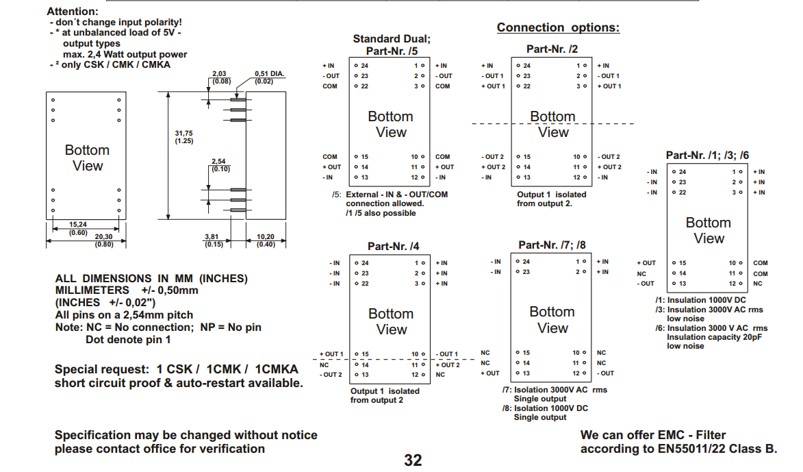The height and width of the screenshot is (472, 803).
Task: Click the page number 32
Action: pos(413,460)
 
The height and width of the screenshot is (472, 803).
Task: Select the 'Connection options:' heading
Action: pos(558,27)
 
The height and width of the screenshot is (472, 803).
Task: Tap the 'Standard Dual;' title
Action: pos(392,39)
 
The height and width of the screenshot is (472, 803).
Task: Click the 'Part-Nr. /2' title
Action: pos(552,49)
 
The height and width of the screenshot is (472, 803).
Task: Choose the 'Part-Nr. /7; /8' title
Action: pos(552,245)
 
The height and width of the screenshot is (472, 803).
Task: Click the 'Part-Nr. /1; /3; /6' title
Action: pos(708,156)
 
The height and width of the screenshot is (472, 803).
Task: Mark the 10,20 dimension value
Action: pos(265,237)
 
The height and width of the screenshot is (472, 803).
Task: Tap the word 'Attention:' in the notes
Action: pos(72,12)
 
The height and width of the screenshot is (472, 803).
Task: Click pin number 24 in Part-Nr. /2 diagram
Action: pos(526,66)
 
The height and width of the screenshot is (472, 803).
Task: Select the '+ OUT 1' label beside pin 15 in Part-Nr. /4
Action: pos(331,354)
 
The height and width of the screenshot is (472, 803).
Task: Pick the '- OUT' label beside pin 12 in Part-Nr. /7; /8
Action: pos(605,373)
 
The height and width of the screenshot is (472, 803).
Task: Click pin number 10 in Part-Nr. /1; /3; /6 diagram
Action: pos(732,263)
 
